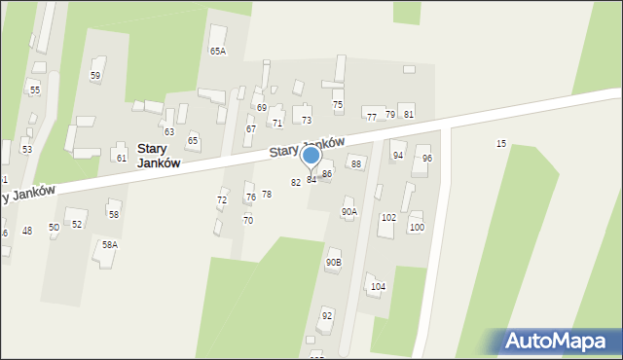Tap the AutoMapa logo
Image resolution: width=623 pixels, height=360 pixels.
(554, 341)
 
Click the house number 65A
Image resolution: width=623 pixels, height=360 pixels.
(217, 51)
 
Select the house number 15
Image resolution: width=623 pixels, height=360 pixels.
(501, 144)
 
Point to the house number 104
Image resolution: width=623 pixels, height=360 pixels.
(378, 286)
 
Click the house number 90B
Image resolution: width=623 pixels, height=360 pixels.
(334, 262)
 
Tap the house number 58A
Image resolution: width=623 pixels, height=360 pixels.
(110, 245)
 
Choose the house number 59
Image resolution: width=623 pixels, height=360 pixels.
(95, 75)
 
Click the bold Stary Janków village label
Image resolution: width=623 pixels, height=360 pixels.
(158, 156)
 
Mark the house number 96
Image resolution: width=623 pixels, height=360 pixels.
(426, 159)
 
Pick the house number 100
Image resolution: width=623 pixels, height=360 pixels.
(417, 228)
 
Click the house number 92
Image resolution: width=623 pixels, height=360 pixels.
(327, 315)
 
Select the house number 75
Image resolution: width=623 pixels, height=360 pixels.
(338, 105)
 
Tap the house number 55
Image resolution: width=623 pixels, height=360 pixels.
(35, 90)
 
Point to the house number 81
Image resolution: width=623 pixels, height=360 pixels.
(409, 115)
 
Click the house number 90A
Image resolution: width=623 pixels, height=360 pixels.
(348, 211)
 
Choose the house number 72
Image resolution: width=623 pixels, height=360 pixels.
(222, 199)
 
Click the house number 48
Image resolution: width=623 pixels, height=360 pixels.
(27, 231)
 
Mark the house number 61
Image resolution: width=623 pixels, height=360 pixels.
(121, 158)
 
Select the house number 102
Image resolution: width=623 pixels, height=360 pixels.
(388, 218)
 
